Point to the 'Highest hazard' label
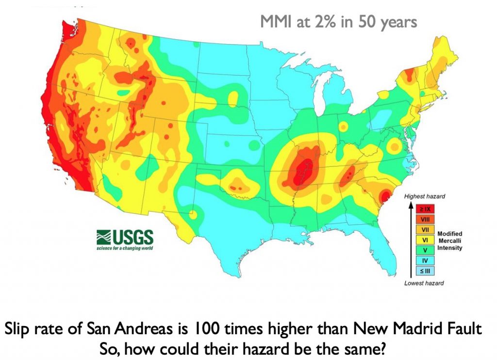pos(424,196)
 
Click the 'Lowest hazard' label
pos(424,282)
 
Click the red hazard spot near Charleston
pos(384,196)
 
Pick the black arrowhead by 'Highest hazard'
pos(411,205)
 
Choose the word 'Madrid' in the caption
pos(428,329)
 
